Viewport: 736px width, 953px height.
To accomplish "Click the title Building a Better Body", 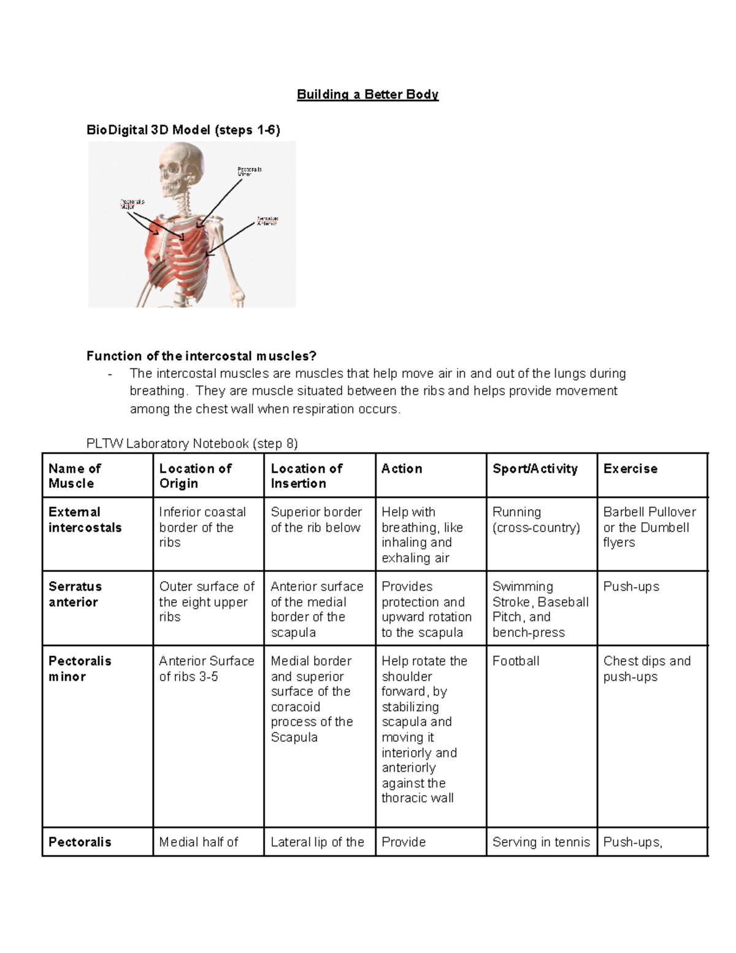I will point(367,95).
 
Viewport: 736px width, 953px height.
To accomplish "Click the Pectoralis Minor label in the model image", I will point(250,171).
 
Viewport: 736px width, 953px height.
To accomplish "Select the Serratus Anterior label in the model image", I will point(267,221).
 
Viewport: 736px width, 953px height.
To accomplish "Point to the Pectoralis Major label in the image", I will point(132,204).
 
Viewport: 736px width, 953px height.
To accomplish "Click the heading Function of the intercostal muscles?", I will point(201,356).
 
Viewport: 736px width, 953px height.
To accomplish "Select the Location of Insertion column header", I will point(306,476).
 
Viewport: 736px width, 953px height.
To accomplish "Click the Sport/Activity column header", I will point(535,469).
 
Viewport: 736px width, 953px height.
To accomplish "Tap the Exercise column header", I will point(630,469).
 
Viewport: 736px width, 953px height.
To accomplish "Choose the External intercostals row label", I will point(85,520).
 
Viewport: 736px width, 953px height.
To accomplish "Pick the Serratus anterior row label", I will point(75,594).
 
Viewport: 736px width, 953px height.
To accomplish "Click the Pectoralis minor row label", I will point(79,669).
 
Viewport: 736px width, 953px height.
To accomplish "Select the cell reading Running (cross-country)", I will point(535,520).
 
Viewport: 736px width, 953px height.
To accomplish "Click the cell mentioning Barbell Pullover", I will point(649,527).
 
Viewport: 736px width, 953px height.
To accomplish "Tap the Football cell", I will point(516,661).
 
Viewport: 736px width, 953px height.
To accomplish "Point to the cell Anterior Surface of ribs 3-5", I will point(206,669).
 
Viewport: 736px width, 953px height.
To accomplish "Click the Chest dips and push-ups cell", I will point(646,669).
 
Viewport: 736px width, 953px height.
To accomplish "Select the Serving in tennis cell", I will point(540,842).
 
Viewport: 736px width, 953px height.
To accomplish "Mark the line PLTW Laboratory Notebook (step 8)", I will point(192,443).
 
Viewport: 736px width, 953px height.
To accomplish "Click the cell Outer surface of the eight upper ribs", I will point(206,601).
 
